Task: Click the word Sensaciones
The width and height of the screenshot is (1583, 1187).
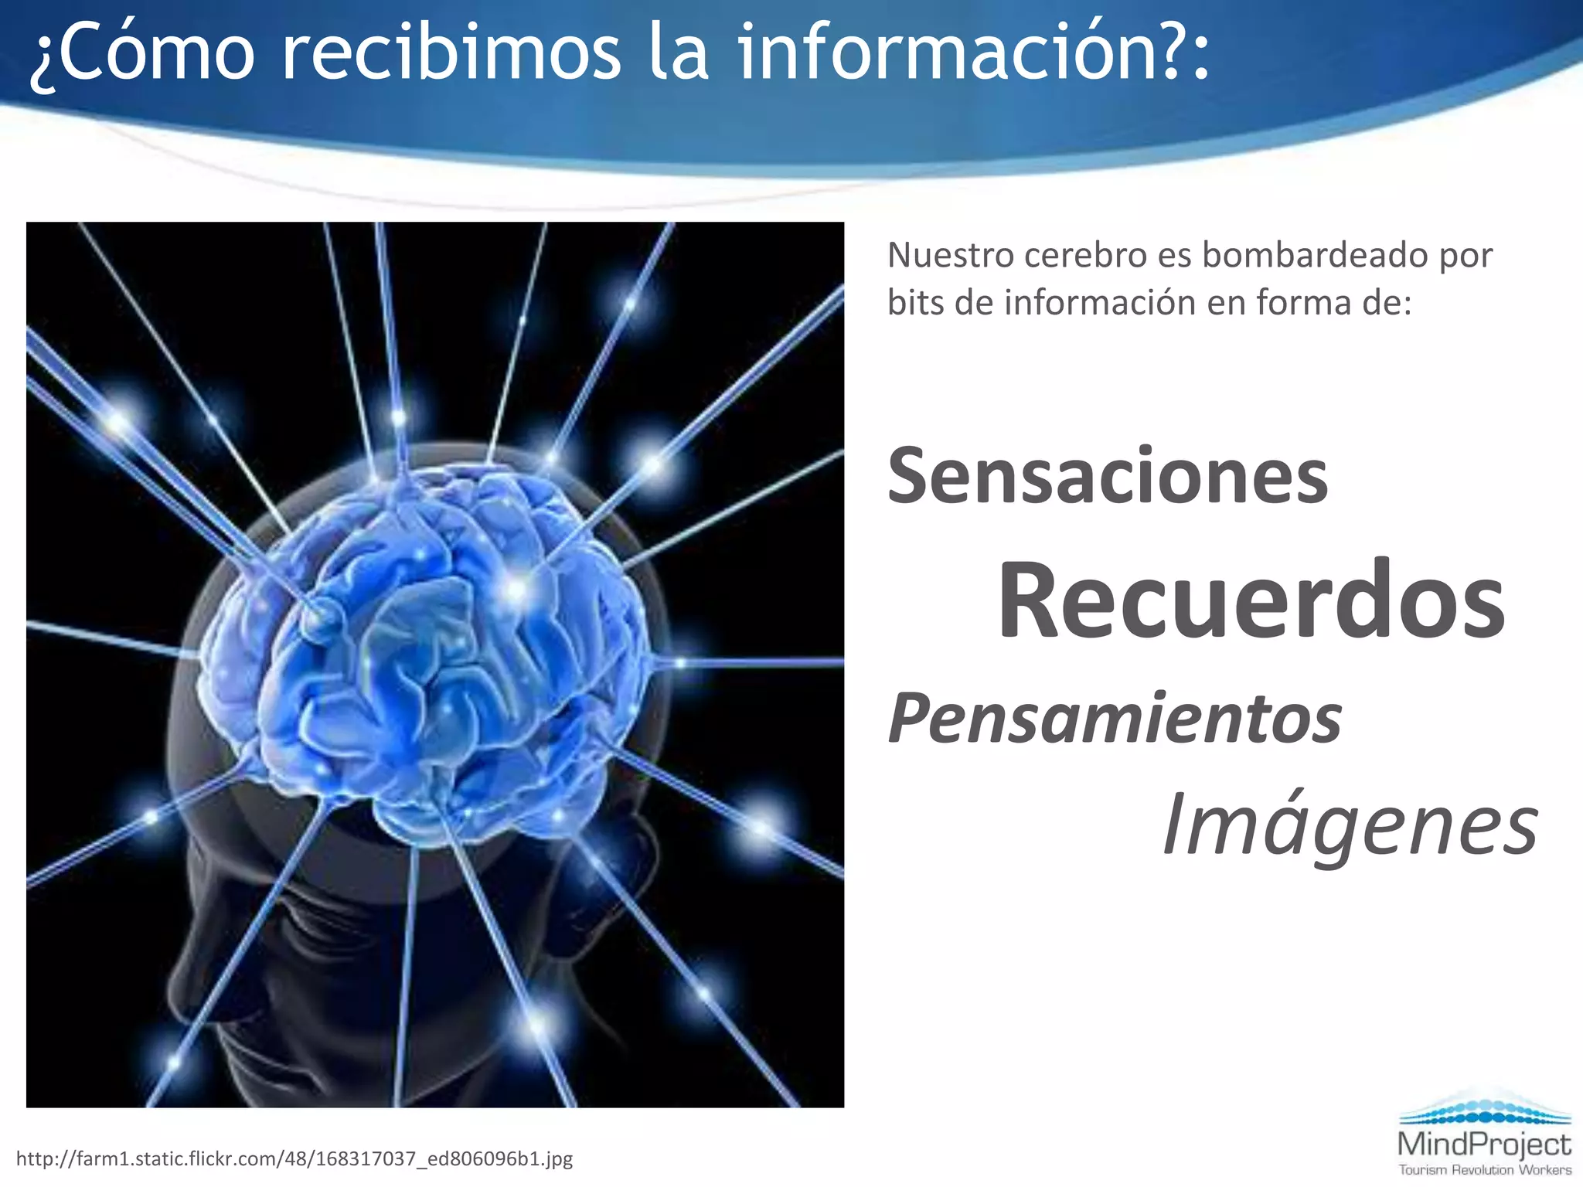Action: coord(1107,476)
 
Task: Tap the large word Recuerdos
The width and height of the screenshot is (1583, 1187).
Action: coord(1251,601)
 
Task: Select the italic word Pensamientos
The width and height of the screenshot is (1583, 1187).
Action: coord(1115,719)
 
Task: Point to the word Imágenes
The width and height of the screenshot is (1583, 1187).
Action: coord(1350,825)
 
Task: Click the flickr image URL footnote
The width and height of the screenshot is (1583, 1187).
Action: coord(294,1158)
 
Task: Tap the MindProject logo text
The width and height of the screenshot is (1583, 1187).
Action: coord(1484,1144)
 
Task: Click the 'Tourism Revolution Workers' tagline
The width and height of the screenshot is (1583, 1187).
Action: coord(1484,1170)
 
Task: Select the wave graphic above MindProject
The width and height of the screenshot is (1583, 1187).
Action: coord(1484,1109)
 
